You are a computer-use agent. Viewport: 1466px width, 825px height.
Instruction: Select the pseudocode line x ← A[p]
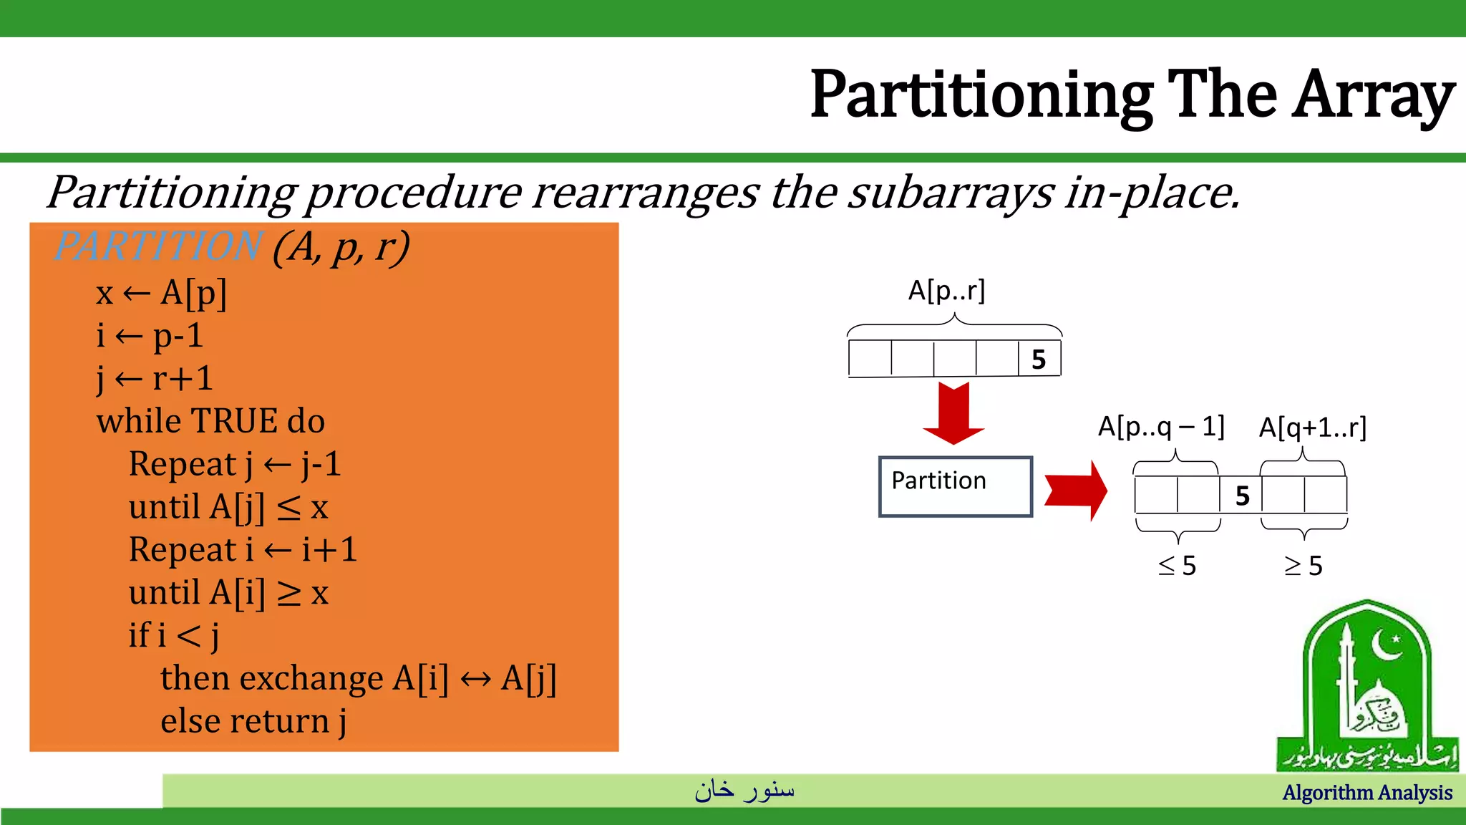point(162,293)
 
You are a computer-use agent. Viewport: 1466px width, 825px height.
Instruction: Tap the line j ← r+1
point(155,378)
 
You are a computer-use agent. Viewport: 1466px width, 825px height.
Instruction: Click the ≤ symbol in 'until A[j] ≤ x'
point(288,508)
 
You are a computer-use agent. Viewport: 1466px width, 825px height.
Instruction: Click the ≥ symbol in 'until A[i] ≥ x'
point(289,594)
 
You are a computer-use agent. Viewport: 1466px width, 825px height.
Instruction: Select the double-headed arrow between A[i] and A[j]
point(475,679)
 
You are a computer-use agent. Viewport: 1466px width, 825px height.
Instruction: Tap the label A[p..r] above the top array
point(946,291)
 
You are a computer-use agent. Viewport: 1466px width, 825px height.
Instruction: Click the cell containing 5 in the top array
point(1039,359)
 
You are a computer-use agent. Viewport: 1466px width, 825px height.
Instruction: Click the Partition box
point(955,486)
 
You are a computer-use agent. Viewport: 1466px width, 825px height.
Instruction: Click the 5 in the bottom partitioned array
point(1242,496)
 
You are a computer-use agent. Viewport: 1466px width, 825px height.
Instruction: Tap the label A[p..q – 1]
point(1161,427)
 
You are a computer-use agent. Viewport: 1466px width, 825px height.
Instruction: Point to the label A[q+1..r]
point(1312,428)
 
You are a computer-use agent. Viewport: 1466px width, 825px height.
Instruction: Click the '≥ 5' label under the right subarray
point(1303,566)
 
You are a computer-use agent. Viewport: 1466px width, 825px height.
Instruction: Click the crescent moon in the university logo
point(1387,645)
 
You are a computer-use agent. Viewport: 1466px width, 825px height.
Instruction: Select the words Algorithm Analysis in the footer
point(1367,793)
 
